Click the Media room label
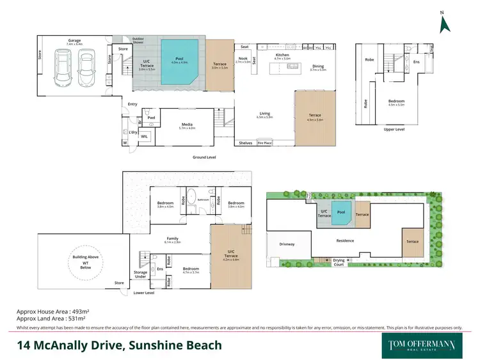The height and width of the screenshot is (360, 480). [188, 125]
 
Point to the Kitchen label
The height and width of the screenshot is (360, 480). [282, 56]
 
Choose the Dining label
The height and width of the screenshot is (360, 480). [318, 67]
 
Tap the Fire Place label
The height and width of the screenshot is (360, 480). [264, 143]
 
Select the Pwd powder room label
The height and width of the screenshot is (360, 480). [151, 118]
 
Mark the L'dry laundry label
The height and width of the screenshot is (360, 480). [133, 132]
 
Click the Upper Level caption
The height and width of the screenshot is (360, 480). [394, 129]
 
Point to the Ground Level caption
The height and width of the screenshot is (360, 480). [205, 156]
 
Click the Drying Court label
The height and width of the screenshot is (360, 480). [340, 262]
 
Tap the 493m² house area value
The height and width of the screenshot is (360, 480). [75, 311]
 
